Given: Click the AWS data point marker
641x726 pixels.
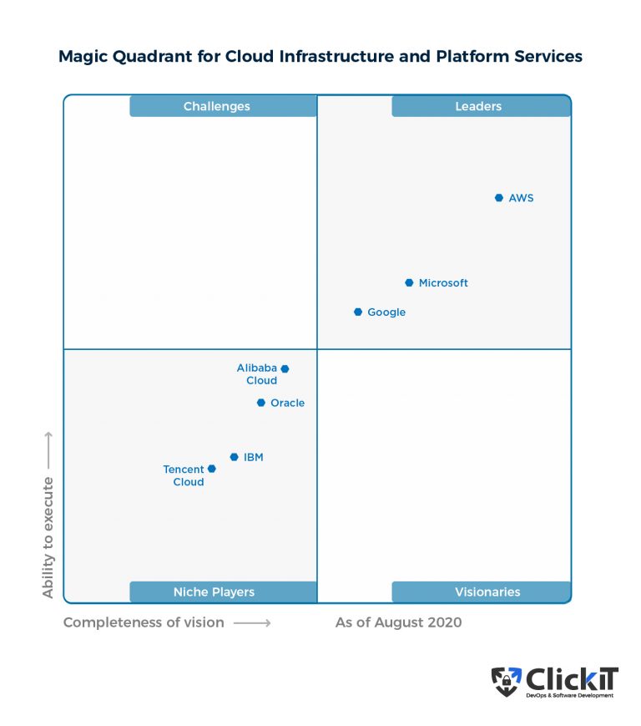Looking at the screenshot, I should click(x=498, y=198).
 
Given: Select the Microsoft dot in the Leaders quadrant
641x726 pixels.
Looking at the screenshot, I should click(x=409, y=283).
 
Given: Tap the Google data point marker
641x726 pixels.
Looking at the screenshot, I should click(x=358, y=312).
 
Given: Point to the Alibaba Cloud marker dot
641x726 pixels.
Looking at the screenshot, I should click(x=285, y=368).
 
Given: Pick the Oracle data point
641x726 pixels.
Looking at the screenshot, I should click(x=261, y=403).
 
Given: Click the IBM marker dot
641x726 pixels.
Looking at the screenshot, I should click(x=235, y=457).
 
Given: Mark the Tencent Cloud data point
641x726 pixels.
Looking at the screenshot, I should click(x=212, y=469).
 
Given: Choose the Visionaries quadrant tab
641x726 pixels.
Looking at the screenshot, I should click(x=481, y=591).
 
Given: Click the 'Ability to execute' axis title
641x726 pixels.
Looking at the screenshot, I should click(x=48, y=536).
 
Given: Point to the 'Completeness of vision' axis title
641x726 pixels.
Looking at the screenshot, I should click(x=144, y=622).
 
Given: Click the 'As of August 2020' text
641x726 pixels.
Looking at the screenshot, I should click(x=398, y=622).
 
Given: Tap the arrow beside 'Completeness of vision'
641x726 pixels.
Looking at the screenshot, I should click(x=252, y=622).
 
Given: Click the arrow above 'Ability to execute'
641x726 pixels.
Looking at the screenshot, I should click(x=48, y=449).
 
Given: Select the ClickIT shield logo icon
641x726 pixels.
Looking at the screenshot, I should click(x=506, y=682).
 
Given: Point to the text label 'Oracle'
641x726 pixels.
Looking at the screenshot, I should click(x=287, y=403).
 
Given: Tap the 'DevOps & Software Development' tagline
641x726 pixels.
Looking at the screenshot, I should click(x=569, y=696).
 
